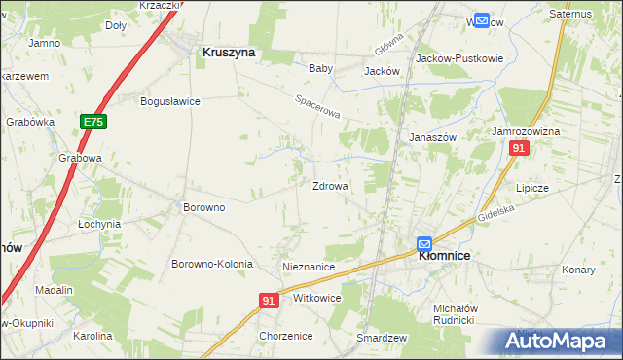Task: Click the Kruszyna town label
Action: [228, 54]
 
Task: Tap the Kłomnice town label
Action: [444, 256]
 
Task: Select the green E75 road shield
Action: [92, 122]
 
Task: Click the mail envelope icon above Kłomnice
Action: [424, 243]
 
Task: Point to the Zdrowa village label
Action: [330, 186]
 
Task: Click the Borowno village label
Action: [204, 207]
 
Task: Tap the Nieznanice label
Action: [308, 267]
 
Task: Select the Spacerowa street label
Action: [317, 107]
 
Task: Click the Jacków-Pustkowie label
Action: [459, 58]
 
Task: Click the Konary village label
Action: [578, 270]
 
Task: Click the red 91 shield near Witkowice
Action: [270, 302]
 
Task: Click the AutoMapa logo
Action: [561, 342]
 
